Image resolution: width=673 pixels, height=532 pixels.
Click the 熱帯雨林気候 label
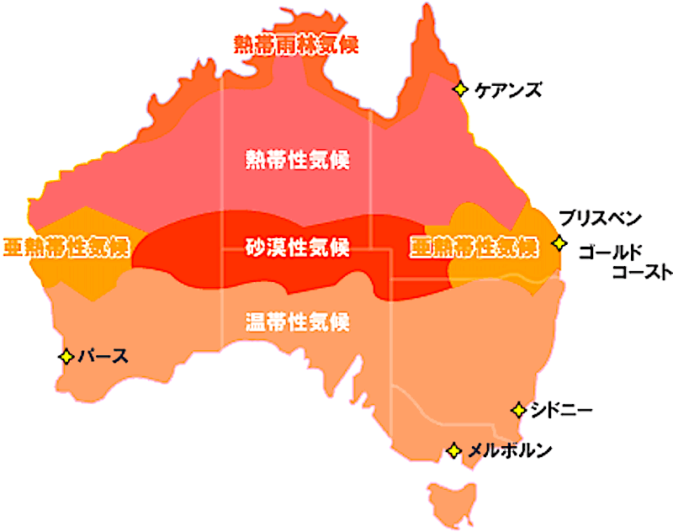[x=295, y=45]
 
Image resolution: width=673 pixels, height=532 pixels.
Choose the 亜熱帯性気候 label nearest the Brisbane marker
[x=474, y=247]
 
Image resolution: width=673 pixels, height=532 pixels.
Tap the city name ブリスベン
[x=600, y=219]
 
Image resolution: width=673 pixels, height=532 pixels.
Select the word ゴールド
[x=611, y=252]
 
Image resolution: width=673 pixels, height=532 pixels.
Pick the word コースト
[x=641, y=272]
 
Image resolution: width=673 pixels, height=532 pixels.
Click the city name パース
[x=103, y=356]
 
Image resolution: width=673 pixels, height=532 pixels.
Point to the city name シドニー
[x=562, y=411]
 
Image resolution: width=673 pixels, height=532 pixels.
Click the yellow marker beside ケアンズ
[x=460, y=88]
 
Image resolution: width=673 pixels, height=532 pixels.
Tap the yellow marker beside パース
[x=66, y=356]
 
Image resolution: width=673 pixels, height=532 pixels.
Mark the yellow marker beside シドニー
[x=518, y=411]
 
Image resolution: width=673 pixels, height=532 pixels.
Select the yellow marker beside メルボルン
[x=453, y=451]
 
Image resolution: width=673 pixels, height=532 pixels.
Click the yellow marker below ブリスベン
[x=559, y=243]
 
